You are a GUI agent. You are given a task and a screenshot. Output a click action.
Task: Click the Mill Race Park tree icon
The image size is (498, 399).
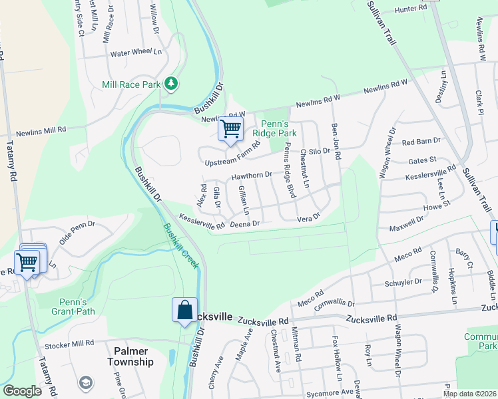click(x=172, y=82)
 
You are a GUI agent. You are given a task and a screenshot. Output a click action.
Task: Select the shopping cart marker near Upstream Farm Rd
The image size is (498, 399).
click(x=230, y=128)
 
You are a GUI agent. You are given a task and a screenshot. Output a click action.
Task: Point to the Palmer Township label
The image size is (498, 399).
click(x=131, y=356)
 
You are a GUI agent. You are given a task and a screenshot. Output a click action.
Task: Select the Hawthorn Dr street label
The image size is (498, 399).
click(x=252, y=176)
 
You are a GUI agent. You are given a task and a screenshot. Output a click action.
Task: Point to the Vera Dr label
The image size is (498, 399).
click(x=308, y=217)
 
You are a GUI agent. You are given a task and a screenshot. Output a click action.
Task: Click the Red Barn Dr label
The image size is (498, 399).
click(x=417, y=142)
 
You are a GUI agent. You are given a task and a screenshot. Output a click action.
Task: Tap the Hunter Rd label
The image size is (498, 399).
click(x=410, y=8)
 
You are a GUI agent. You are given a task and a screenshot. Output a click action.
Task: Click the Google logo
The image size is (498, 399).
click(x=22, y=391)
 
